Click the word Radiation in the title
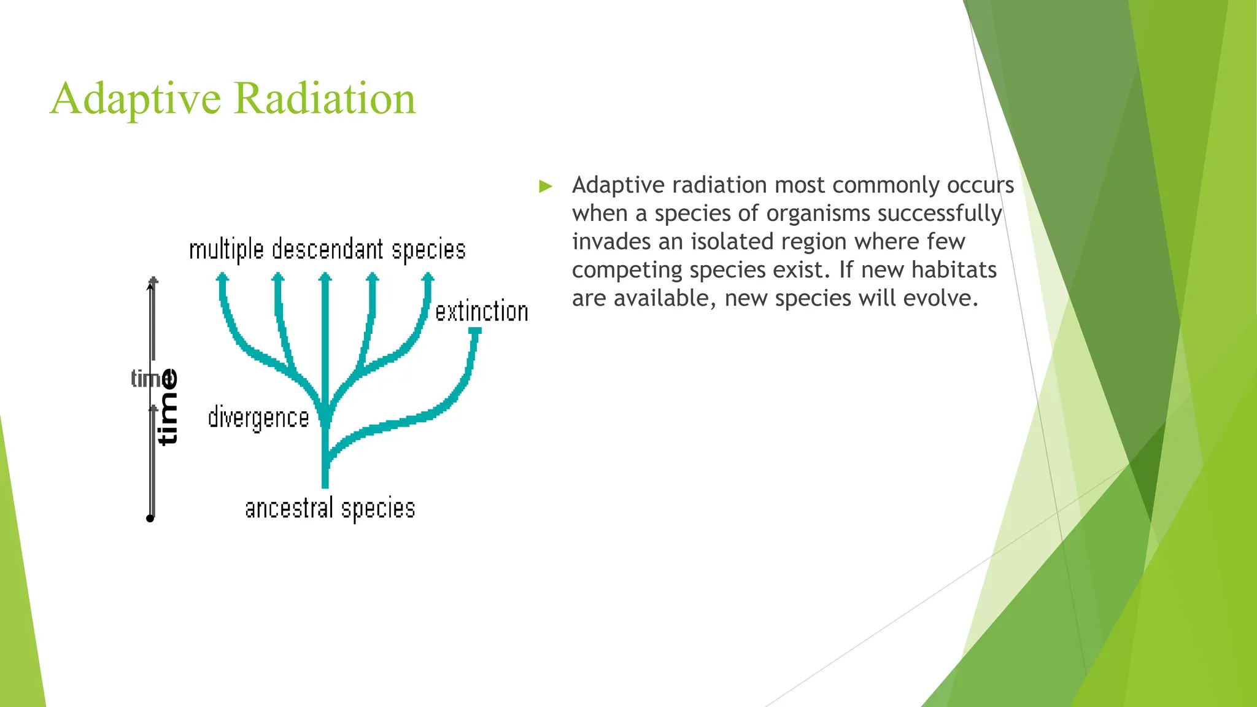click(x=325, y=99)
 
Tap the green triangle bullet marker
click(x=545, y=187)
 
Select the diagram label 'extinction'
click(x=482, y=312)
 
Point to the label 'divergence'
click(x=258, y=418)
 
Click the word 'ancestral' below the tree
click(x=289, y=509)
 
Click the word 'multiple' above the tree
click(x=226, y=250)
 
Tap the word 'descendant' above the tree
click(x=327, y=250)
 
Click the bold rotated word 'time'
click(x=168, y=407)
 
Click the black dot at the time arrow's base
click(x=150, y=519)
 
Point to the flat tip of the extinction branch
click(x=474, y=331)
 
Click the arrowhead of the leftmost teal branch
click(x=222, y=277)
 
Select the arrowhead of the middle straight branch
click(x=325, y=277)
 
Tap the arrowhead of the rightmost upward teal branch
click(x=428, y=277)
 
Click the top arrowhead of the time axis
click(x=153, y=281)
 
